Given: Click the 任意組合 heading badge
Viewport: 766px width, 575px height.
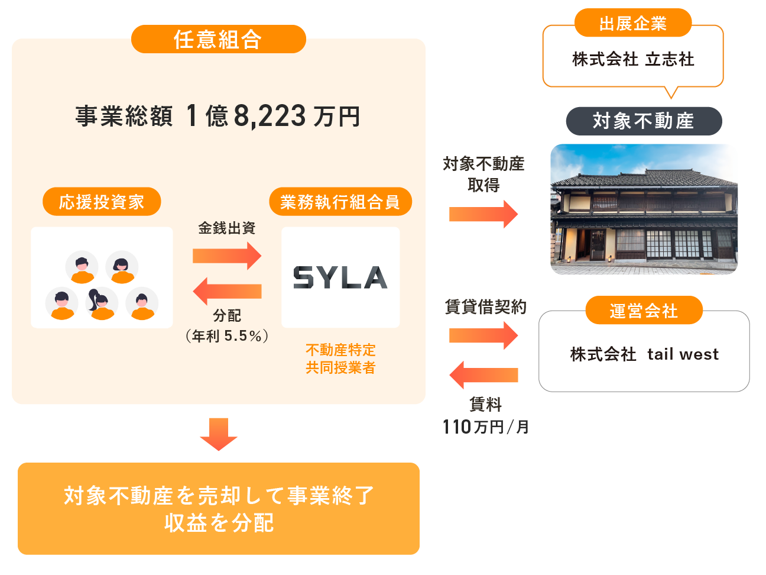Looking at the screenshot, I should point(218,39).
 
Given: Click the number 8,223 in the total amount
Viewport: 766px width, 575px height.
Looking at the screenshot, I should point(270,116).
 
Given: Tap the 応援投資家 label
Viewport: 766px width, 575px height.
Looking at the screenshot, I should point(102,202).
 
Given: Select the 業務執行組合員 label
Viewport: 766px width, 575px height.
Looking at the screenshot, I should point(340,202).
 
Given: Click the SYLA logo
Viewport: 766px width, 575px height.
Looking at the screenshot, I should point(340,277).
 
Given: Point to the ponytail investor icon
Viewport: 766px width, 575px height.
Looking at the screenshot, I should point(101,303).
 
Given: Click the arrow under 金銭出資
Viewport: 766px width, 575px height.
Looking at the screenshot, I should point(227,256).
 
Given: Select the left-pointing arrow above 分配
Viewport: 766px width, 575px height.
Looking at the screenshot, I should point(227,291).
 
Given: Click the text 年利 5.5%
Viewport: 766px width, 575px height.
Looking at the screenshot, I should point(228,336).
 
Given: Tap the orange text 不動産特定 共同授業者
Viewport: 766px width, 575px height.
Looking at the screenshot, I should point(340,359).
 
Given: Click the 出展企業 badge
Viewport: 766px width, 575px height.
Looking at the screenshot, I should point(632,24).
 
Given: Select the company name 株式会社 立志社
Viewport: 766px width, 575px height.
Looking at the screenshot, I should point(633,59).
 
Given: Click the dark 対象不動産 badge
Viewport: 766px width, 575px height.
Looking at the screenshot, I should point(644,121).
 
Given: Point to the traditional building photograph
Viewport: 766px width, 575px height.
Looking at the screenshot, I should point(644,209).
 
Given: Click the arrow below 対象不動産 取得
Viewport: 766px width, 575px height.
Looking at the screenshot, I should point(483,214).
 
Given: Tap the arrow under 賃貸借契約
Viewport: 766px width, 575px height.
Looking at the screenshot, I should point(483,335).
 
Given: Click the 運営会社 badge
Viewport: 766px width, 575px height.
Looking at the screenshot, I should point(644,311).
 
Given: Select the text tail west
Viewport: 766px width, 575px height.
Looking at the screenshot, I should point(683,354).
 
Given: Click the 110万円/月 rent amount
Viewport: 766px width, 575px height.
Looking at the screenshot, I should point(485,427).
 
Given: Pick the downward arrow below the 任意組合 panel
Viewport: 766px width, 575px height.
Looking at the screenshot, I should point(219,434).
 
